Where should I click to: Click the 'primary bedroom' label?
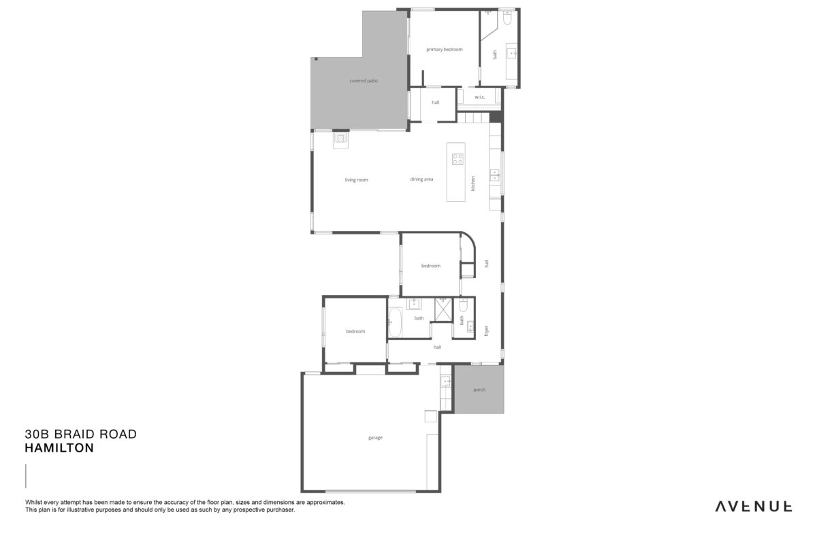point(444,49)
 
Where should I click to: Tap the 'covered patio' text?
point(364,80)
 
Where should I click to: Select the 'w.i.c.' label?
point(479,97)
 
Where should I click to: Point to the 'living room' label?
point(356,180)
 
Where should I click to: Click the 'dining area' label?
point(421,179)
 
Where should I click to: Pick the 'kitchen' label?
point(473,183)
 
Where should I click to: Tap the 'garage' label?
point(375,437)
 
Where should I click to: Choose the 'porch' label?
point(479,390)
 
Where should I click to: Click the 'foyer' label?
point(486,330)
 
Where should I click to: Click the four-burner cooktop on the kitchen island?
point(458,159)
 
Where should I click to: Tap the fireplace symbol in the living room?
point(340,140)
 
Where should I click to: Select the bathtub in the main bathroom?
point(395,322)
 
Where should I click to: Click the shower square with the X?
point(443,309)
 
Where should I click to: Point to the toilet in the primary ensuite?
point(507,17)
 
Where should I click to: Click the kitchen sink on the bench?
point(494,175)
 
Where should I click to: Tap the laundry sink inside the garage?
point(445,381)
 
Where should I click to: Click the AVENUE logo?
point(754,506)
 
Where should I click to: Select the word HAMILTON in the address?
point(59,448)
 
